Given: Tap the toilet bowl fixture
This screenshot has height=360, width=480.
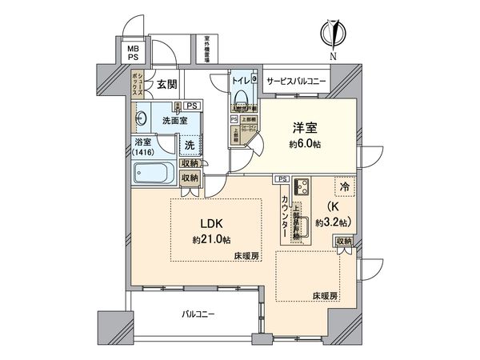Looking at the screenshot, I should [x=242, y=99].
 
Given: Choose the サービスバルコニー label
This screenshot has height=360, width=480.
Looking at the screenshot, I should [x=295, y=80].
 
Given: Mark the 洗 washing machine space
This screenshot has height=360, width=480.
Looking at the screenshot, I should [x=190, y=146].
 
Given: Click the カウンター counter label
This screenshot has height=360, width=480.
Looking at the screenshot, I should [x=284, y=216].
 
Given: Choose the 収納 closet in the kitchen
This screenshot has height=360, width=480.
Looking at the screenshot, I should [x=343, y=242].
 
